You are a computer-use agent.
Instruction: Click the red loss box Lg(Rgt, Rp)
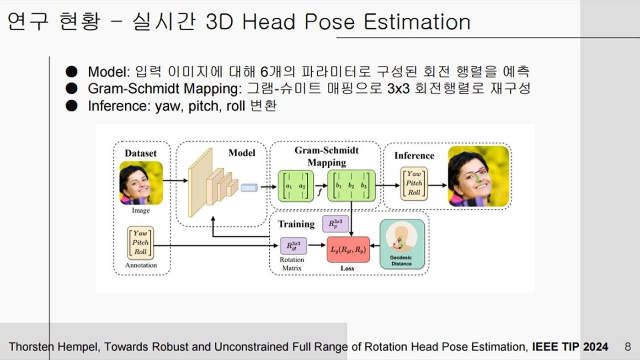pyautogui.click(x=348, y=249)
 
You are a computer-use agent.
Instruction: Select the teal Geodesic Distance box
pyautogui.click(x=402, y=244)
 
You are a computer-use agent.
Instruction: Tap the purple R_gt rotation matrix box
pyautogui.click(x=293, y=246)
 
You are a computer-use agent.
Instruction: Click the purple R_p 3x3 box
pyautogui.click(x=336, y=224)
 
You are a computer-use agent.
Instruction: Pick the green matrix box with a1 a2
pyautogui.click(x=296, y=186)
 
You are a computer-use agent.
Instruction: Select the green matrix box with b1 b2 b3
pyautogui.click(x=352, y=186)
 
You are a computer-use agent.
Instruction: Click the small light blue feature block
pyautogui.click(x=249, y=188)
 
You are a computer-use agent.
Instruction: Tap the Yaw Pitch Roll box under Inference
pyautogui.click(x=414, y=183)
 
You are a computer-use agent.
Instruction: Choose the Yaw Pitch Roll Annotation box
pyautogui.click(x=140, y=243)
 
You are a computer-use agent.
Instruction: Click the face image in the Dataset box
pyautogui.click(x=141, y=183)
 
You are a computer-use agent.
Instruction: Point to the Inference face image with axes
pyautogui.click(x=479, y=176)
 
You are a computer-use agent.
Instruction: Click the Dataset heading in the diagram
pyautogui.click(x=141, y=154)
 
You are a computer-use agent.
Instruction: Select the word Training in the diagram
pyautogui.click(x=296, y=224)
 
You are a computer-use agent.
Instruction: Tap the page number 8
pyautogui.click(x=628, y=347)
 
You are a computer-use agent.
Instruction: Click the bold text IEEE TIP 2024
pyautogui.click(x=570, y=347)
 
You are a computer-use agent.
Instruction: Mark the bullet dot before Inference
pyautogui.click(x=71, y=106)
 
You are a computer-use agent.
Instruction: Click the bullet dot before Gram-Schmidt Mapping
pyautogui.click(x=71, y=89)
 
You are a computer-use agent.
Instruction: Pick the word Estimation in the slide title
pyautogui.click(x=417, y=22)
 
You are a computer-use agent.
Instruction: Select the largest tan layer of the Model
pyautogui.click(x=200, y=183)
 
